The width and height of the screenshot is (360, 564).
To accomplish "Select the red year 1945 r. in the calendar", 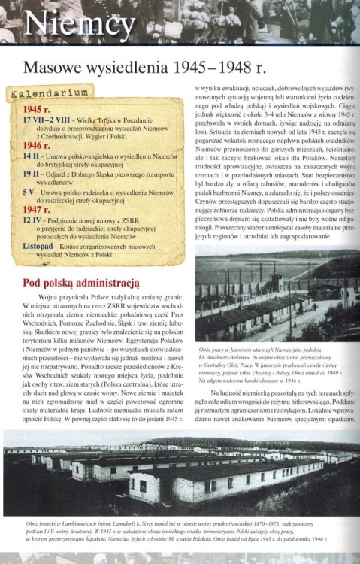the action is tap(36, 110).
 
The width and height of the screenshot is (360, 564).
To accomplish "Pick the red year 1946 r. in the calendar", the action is tap(36, 145).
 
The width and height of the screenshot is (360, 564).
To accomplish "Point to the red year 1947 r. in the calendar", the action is tap(36, 210).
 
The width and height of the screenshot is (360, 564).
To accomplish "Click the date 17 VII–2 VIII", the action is tap(44, 119).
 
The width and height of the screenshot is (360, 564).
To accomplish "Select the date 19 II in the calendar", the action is tap(31, 173).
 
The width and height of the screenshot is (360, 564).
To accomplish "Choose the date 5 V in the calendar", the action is tap(29, 191).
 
